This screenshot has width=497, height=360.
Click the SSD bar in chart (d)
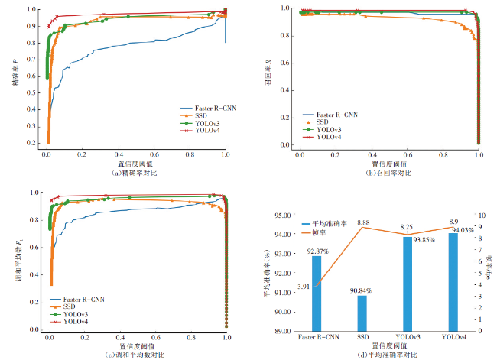pos(362,313)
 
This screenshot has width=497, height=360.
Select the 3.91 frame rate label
pos(304,286)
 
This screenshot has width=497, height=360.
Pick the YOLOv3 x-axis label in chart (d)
pos(409,337)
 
